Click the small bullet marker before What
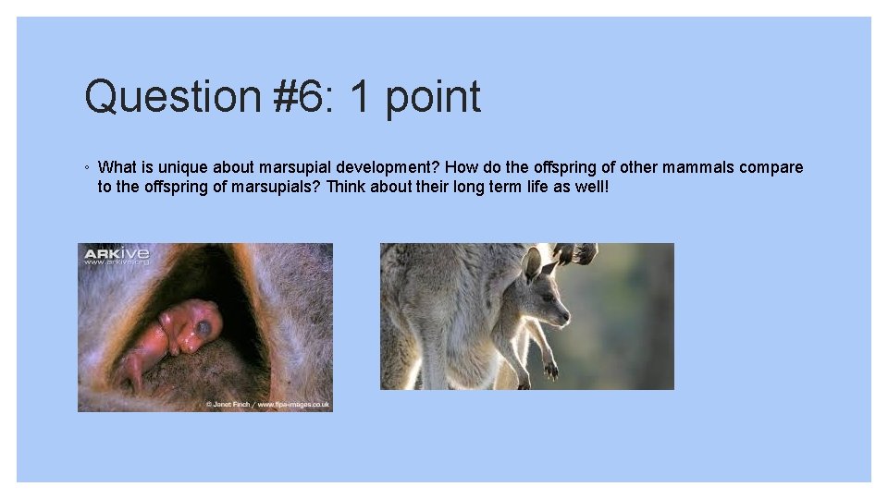pyautogui.click(x=85, y=168)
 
